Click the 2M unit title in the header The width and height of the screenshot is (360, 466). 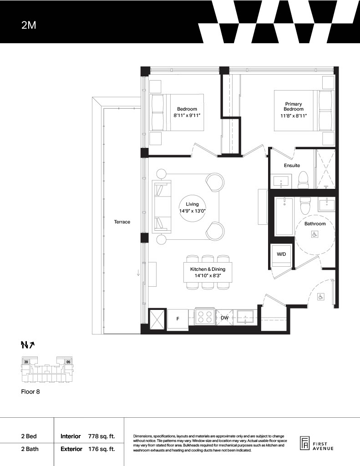point(29,25)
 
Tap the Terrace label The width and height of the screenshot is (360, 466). point(122,222)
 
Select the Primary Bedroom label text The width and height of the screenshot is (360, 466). point(294,106)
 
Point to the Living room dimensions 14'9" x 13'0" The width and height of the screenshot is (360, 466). point(193,211)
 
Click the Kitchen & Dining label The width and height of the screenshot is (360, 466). point(208,269)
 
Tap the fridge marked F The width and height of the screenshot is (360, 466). point(178,319)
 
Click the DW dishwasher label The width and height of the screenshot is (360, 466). point(225,318)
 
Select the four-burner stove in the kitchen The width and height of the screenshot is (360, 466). point(205,317)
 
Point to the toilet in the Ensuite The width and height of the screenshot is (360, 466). point(304,180)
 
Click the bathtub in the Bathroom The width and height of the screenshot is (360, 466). point(284,217)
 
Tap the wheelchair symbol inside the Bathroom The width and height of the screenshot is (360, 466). point(314,234)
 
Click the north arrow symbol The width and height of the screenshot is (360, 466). point(28,345)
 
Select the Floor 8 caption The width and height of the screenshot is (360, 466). point(30,392)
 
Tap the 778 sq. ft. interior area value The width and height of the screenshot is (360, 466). point(101,436)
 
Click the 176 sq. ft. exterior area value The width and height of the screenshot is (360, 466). point(101,449)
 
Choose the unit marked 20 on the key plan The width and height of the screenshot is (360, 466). point(26,362)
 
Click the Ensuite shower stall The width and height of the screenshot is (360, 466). point(325,169)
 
